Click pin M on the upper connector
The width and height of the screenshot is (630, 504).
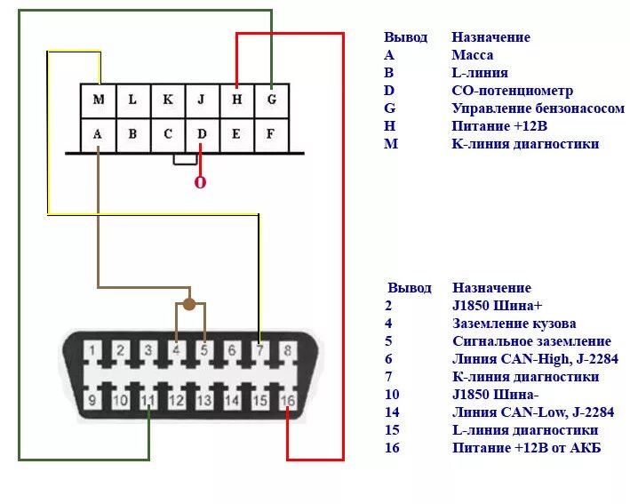click(98, 100)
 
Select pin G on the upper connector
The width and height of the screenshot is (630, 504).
click(272, 100)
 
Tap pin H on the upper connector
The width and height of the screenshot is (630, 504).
click(236, 100)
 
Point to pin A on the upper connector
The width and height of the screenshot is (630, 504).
click(98, 134)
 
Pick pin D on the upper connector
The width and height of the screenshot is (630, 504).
click(202, 134)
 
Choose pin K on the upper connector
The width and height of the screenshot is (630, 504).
click(167, 100)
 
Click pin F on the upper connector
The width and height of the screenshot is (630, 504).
click(272, 134)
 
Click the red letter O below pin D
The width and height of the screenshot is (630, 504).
click(200, 182)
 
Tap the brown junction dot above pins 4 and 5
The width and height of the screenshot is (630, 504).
click(189, 304)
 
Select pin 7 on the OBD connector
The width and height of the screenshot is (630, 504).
click(259, 350)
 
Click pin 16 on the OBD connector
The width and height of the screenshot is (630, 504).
click(288, 401)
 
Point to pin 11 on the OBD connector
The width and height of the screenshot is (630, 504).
click(148, 401)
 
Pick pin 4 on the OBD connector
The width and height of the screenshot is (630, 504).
click(176, 350)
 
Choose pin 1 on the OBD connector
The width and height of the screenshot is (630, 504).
click(92, 350)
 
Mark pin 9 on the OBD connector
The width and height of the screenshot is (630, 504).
click(92, 401)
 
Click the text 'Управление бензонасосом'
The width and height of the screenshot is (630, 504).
click(538, 108)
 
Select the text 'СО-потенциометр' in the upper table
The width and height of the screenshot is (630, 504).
click(512, 91)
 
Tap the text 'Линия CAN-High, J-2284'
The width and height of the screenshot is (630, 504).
click(535, 359)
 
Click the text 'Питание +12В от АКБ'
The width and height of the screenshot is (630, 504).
click(526, 448)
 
